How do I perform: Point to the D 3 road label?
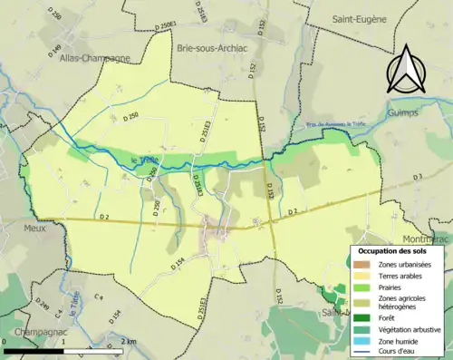point(416,176)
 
